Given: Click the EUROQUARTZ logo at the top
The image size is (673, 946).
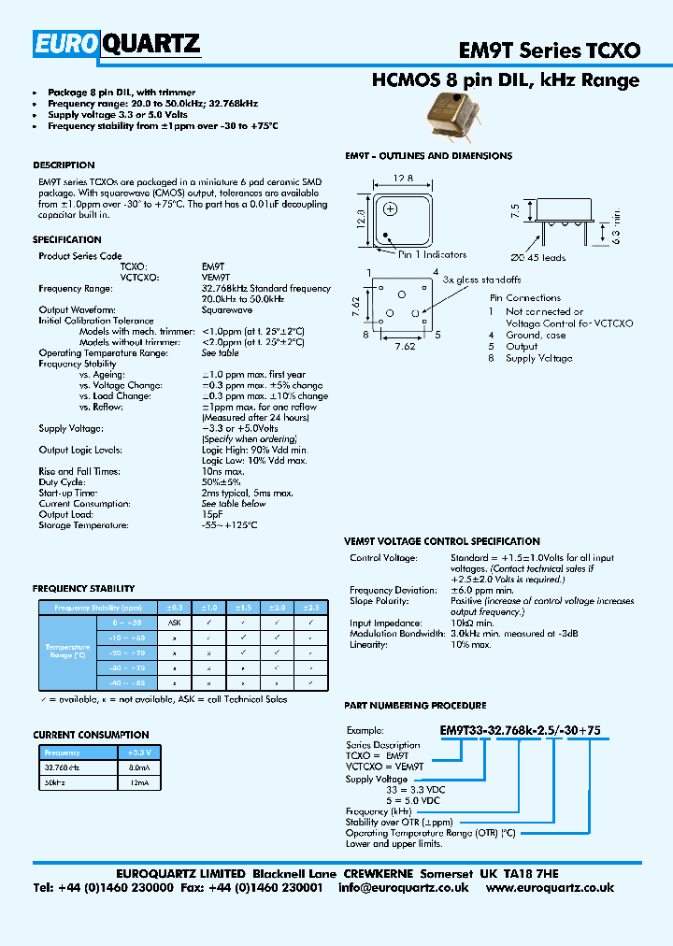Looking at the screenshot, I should pos(117,43).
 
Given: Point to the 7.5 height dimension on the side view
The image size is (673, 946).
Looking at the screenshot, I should pos(515,209).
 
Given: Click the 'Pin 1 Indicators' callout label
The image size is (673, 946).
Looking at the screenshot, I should pos(432,254).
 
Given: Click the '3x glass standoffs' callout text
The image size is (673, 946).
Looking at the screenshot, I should pos(482,279).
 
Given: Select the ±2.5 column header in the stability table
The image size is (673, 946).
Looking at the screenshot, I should pos(309,607).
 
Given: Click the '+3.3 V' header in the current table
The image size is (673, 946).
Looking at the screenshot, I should pos(139,752).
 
